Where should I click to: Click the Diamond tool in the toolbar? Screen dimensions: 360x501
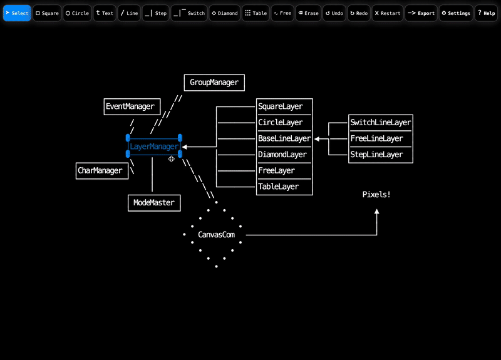224,13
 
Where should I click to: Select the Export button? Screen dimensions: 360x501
421,13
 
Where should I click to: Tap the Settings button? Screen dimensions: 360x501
456,13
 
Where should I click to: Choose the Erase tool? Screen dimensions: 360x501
307,13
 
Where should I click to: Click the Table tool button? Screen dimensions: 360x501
256,13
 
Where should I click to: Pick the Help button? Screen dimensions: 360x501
486,13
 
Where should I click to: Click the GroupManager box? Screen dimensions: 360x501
214,83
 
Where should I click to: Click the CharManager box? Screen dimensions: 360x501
100,170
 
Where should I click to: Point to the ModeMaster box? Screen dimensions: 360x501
154,203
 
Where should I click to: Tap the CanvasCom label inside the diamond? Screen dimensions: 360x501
216,235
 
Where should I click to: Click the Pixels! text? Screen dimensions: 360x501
376,195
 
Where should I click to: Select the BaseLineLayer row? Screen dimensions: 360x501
284,138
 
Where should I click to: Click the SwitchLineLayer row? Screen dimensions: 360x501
380,123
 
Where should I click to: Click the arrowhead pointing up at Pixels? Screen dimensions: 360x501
377,212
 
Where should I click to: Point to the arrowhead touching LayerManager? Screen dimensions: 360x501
185,147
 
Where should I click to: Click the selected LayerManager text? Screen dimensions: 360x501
154,147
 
